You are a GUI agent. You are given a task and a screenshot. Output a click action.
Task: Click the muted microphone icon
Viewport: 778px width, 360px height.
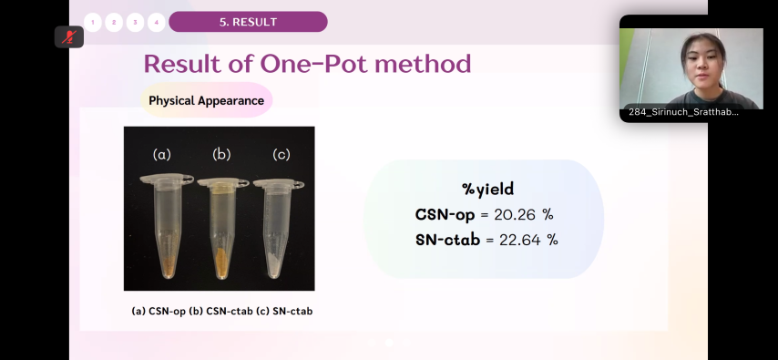(x=69, y=36)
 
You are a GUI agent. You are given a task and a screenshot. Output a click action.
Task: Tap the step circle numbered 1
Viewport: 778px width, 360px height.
(x=93, y=23)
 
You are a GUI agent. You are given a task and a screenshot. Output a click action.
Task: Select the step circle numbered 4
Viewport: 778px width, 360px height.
(x=157, y=23)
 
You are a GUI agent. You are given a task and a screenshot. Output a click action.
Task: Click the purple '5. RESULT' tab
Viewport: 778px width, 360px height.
(x=248, y=22)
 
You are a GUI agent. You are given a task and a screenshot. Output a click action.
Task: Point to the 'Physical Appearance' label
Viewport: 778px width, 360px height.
(x=207, y=100)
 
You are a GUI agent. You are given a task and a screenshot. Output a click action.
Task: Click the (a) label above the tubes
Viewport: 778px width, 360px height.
(x=162, y=154)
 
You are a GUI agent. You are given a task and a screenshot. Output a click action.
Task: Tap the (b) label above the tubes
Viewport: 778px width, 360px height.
(x=221, y=154)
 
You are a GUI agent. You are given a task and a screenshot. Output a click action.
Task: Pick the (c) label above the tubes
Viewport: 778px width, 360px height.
(x=282, y=154)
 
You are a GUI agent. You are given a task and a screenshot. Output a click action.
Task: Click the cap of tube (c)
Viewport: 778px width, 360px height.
(x=279, y=184)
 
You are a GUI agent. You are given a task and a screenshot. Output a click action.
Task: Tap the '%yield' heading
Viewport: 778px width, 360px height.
(x=487, y=190)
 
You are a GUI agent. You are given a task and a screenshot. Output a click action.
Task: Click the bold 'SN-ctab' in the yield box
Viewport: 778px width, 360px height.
(x=447, y=240)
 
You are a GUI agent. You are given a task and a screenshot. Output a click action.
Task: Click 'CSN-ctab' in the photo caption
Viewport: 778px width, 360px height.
(x=230, y=312)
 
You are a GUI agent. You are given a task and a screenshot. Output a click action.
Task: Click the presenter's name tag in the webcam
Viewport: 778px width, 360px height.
(x=683, y=112)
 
